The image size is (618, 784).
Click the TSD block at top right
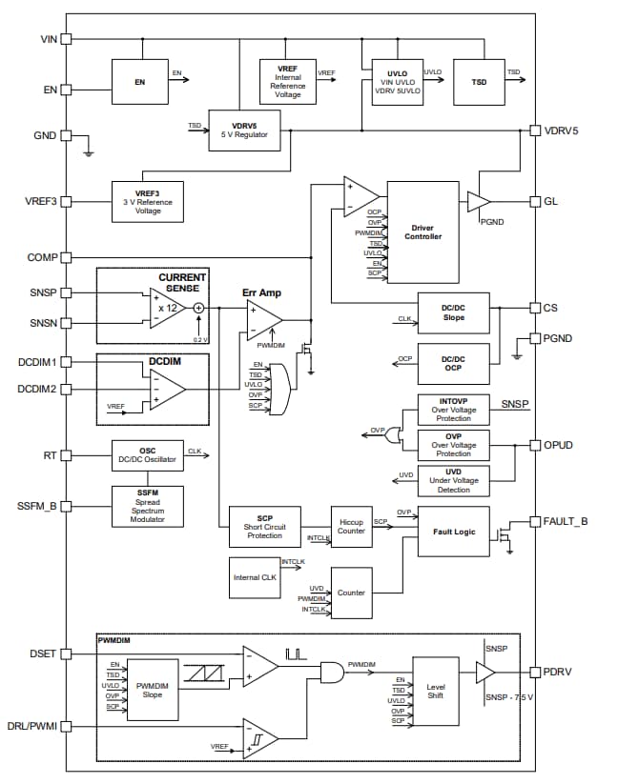coord(480,82)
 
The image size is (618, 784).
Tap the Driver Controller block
coord(422,231)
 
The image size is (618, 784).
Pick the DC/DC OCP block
coord(453,363)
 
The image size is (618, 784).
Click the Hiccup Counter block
coord(352,525)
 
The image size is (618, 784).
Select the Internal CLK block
coord(256,578)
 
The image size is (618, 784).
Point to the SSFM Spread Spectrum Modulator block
coord(147,505)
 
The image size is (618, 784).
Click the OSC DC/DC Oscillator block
coord(147,455)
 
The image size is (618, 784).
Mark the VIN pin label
coord(48,39)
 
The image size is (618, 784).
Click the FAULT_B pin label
coord(566,521)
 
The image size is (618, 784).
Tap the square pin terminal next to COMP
coord(66,258)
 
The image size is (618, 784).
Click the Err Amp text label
coord(261,292)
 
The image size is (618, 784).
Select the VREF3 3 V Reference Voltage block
coord(147,201)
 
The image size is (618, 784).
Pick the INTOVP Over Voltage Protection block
coord(453,410)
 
